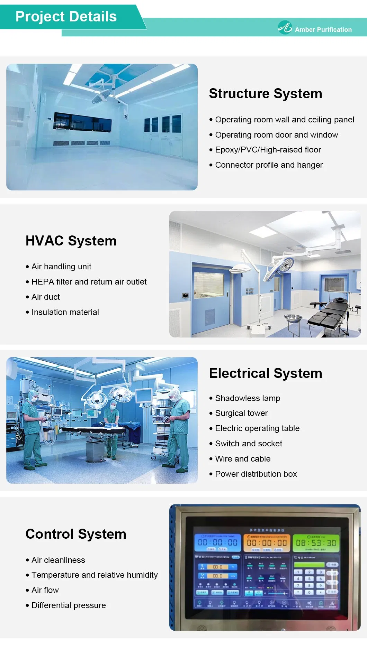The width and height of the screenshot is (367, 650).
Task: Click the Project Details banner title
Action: pos(66,17)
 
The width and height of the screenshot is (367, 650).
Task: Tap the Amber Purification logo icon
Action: pos(285,27)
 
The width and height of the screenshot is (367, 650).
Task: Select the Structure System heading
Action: pos(265,94)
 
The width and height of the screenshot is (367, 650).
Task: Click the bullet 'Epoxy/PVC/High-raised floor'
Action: pos(268,150)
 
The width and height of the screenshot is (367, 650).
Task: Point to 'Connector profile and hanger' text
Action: pos(269,165)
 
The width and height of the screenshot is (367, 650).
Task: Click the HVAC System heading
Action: pos(71,241)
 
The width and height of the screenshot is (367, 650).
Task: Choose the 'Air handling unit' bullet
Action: pos(61,267)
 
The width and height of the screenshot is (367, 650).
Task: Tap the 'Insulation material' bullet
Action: pos(65,312)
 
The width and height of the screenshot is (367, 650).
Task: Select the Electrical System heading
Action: pos(265,373)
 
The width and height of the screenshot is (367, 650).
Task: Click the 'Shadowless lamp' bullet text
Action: pos(248,398)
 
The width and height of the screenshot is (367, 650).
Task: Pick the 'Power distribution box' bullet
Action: pos(256,474)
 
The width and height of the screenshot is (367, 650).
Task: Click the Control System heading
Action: pos(76,534)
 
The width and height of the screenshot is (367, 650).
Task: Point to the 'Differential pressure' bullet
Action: pos(69,605)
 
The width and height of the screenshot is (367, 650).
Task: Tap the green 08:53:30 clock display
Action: pos(316,543)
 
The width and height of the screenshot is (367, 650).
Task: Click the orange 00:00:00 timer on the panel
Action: pos(267,543)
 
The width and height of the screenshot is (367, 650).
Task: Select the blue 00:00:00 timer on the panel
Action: pos(217,542)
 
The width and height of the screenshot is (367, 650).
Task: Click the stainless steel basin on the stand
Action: pos(293,318)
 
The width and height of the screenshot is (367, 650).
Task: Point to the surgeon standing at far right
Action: pos(179,429)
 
